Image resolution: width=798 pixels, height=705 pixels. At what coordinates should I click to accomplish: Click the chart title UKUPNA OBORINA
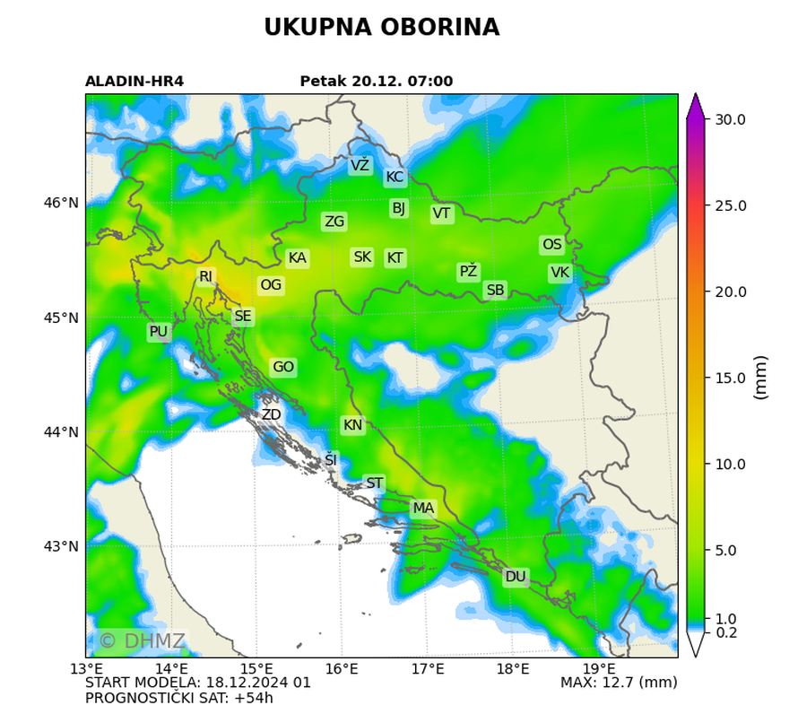pos(381,28)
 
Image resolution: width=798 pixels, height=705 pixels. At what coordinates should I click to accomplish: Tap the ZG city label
pos(334,222)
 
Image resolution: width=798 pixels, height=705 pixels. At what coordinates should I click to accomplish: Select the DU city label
pos(516,577)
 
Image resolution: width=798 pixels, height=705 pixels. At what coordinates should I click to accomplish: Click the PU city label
pos(159,332)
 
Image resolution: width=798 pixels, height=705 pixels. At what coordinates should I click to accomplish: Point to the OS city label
pos(552,245)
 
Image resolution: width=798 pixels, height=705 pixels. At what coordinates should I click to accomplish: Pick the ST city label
pos(375,483)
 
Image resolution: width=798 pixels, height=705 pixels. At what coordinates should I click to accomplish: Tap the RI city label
pos(206,276)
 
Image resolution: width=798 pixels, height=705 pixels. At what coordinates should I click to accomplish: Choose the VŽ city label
pos(360,166)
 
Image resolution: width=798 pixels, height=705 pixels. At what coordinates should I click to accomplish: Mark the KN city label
pos(353,425)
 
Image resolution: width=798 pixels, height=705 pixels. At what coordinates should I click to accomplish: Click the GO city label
pos(283,368)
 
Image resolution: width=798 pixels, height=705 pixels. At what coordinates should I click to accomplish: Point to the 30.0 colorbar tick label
pos(728,119)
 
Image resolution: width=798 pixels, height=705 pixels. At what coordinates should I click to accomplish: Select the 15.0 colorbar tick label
pos(728,378)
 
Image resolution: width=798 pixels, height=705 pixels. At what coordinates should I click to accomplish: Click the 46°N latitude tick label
pos(62,204)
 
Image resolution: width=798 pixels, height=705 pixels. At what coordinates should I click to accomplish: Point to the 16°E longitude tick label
pos(342,669)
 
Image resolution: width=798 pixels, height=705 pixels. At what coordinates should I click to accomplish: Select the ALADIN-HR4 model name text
pos(134,82)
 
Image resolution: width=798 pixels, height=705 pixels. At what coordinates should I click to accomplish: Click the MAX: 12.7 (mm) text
pos(618,683)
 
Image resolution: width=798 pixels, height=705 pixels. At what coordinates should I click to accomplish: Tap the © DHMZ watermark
pos(142,641)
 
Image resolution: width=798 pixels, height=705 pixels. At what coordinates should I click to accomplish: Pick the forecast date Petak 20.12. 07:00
pos(377,82)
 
